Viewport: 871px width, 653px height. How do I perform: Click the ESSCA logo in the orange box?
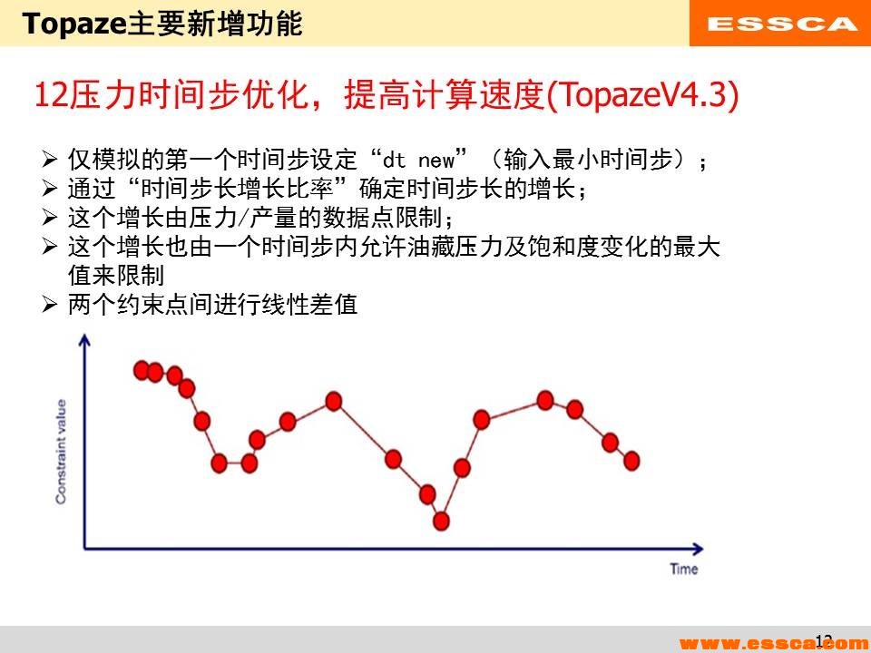[x=781, y=24]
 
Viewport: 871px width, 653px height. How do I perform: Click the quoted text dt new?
[x=418, y=161]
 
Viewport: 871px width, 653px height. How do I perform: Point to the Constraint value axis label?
[x=61, y=451]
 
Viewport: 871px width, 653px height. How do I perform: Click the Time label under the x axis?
[x=684, y=569]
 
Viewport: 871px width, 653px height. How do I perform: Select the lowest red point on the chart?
[x=442, y=521]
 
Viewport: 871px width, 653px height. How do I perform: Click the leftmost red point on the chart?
[x=142, y=369]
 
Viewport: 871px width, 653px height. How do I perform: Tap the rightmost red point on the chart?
[x=631, y=460]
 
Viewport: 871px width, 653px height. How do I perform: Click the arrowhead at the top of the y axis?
[x=85, y=340]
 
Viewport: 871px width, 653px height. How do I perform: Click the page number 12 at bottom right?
[x=823, y=640]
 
